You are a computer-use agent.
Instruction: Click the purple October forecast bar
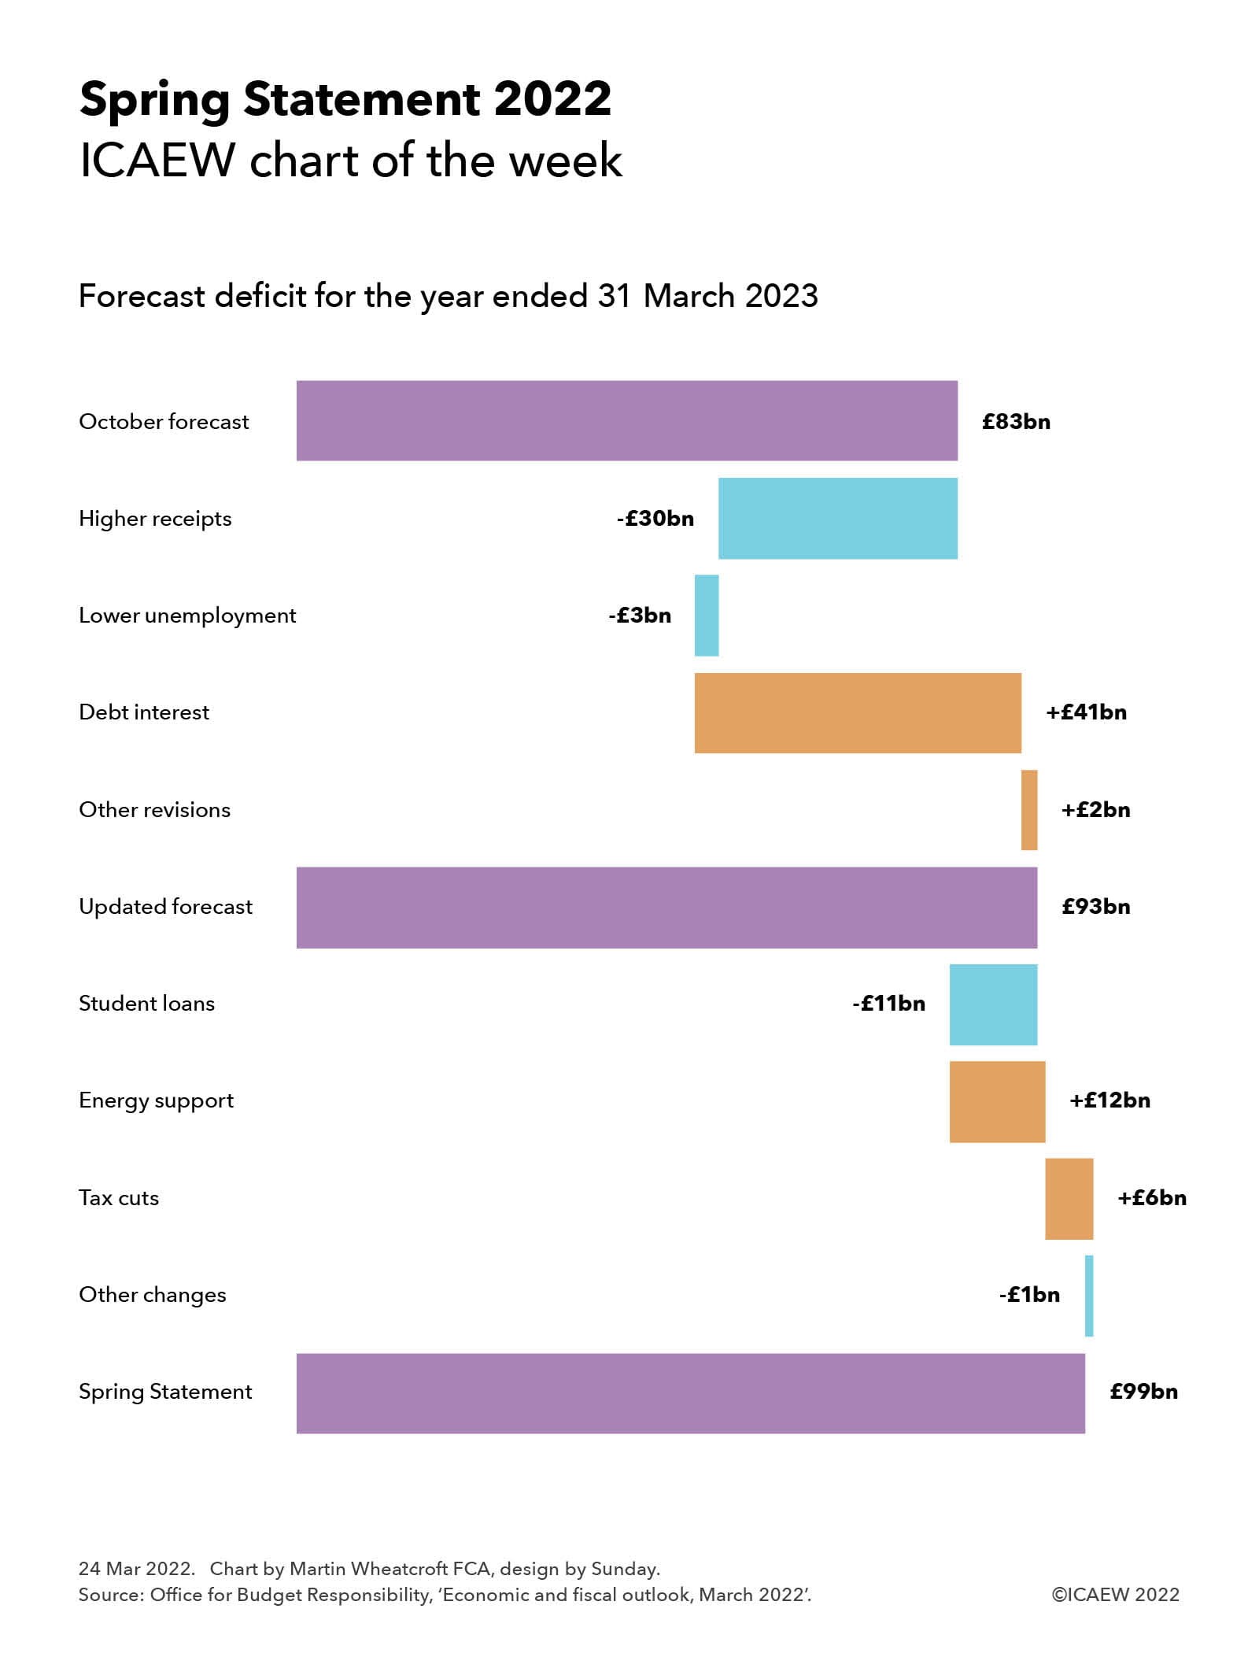626,420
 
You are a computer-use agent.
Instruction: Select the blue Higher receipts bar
837,518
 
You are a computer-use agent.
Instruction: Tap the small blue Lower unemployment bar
706,615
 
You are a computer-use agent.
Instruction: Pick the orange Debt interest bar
857,712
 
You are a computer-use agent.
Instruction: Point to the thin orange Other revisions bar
1028,809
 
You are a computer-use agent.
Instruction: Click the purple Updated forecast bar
666,907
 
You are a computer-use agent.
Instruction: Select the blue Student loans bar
992,1004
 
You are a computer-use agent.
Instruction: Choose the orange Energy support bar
996,1100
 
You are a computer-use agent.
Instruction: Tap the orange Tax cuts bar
1069,1198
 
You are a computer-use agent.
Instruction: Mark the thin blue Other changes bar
1088,1295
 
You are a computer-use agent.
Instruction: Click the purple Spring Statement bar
690,1392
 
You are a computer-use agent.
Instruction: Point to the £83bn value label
1015,422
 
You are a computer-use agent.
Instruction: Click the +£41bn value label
1086,712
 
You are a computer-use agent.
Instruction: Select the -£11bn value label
888,1004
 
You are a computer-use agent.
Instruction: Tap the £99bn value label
1143,1392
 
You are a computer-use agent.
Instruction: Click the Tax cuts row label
119,1198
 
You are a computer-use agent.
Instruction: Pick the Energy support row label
156,1100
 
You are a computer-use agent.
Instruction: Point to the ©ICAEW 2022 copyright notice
1115,1595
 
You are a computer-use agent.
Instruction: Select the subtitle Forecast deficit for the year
448,297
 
